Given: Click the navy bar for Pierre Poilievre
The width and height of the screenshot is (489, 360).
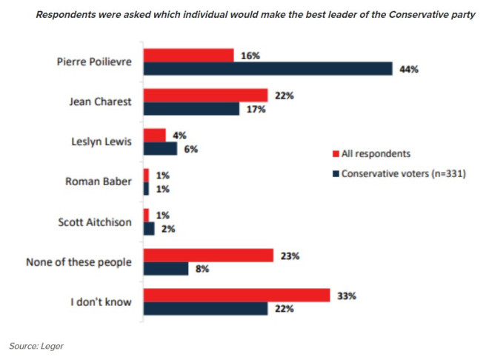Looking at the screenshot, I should [x=267, y=69].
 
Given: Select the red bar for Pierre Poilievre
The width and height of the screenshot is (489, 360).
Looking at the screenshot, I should [x=188, y=55].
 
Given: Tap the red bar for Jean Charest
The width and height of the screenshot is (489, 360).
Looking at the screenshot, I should [x=205, y=95].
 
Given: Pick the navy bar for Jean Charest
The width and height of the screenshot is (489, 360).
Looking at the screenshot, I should [x=191, y=109].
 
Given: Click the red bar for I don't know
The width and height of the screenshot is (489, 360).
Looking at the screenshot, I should [x=236, y=296].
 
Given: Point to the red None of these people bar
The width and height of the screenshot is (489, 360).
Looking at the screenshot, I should [x=208, y=256].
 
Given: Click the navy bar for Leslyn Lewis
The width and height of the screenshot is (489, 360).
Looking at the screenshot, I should [x=160, y=149].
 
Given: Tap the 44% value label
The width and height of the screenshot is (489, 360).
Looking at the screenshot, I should [x=410, y=69].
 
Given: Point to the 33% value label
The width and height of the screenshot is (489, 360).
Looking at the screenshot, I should [x=347, y=296].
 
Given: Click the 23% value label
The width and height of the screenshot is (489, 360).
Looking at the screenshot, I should [x=290, y=256].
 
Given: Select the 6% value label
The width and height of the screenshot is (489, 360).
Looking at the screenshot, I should [x=191, y=149].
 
